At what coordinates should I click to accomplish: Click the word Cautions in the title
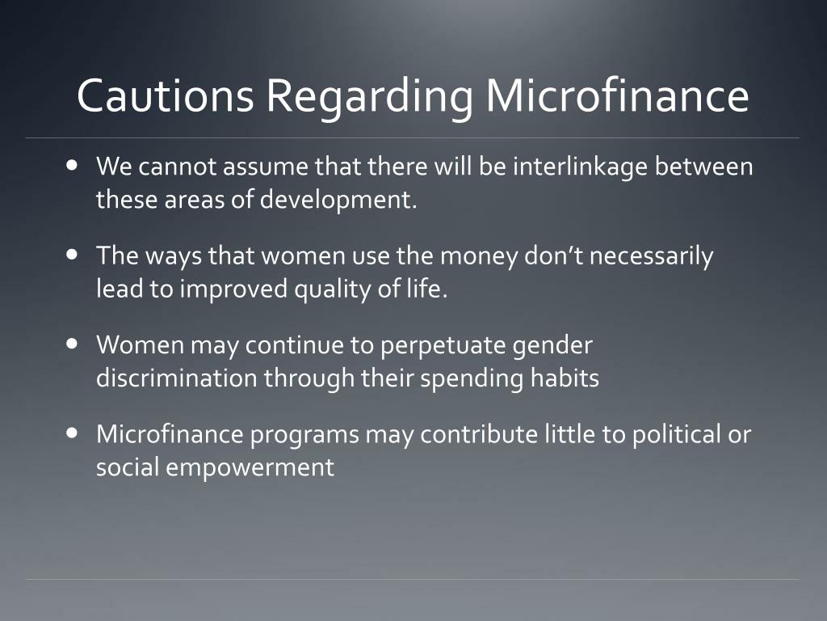click(x=165, y=96)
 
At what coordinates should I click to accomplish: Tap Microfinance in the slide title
click(x=617, y=96)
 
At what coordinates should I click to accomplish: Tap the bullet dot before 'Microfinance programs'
click(x=73, y=433)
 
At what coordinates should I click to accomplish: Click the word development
click(x=337, y=201)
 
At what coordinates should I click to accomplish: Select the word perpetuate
click(x=444, y=346)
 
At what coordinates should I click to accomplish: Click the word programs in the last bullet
click(x=305, y=435)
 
